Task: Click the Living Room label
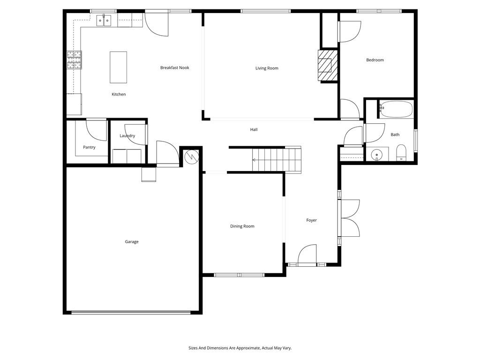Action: point(267,68)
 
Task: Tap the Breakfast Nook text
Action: point(175,68)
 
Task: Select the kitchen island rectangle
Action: point(118,67)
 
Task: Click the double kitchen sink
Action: point(104,20)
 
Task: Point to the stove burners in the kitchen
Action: point(74,60)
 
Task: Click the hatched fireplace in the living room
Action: point(328,65)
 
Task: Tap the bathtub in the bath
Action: point(396,110)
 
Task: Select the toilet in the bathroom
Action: point(401,153)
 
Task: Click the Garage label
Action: point(132,242)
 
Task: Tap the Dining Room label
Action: point(242,226)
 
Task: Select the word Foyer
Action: point(312,220)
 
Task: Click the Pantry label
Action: point(89,147)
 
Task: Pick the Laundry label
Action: point(127,136)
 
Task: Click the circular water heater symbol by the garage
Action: point(191,156)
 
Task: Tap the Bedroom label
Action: point(375,60)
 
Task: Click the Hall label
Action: point(254,130)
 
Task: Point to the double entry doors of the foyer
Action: point(349,218)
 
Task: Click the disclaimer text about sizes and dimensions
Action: point(240,348)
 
